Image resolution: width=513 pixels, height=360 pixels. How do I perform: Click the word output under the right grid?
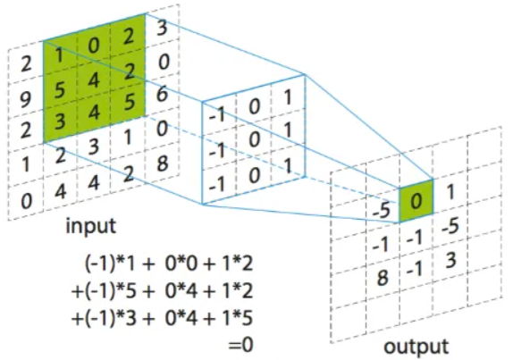pyautogui.click(x=416, y=346)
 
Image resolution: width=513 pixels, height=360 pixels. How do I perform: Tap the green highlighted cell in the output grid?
pyautogui.click(x=415, y=201)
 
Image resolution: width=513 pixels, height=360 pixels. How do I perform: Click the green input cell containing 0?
pyautogui.click(x=94, y=43)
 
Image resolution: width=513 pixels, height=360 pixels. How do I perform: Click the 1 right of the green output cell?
pyautogui.click(x=451, y=190)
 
